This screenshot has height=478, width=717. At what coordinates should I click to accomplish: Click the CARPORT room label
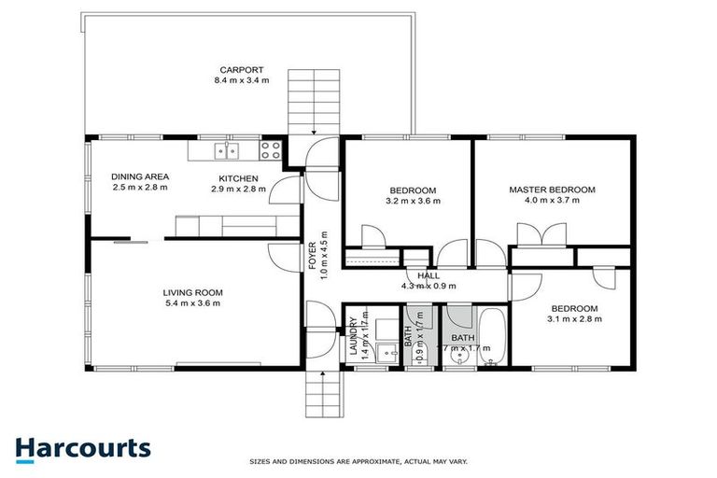pos(242,69)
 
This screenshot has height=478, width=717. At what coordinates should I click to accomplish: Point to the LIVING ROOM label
pos(193,292)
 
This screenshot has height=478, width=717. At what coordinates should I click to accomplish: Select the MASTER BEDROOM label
pos(552,190)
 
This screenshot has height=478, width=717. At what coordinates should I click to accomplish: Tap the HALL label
pos(428,275)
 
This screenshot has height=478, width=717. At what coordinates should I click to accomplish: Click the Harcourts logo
pos(83,447)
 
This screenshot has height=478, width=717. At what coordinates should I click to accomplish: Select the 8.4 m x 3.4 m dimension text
pos(242,80)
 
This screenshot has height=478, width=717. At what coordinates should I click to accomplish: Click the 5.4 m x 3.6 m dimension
pos(193,303)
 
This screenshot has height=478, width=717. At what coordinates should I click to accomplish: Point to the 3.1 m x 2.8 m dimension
pos(574,319)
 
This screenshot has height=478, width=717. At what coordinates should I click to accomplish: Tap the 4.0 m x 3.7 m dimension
pos(552,201)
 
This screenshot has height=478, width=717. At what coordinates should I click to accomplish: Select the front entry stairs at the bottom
pos(323,393)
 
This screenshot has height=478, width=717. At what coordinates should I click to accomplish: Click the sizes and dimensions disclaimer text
pos(358,461)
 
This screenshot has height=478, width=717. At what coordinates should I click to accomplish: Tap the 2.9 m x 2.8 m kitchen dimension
pos(238,190)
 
